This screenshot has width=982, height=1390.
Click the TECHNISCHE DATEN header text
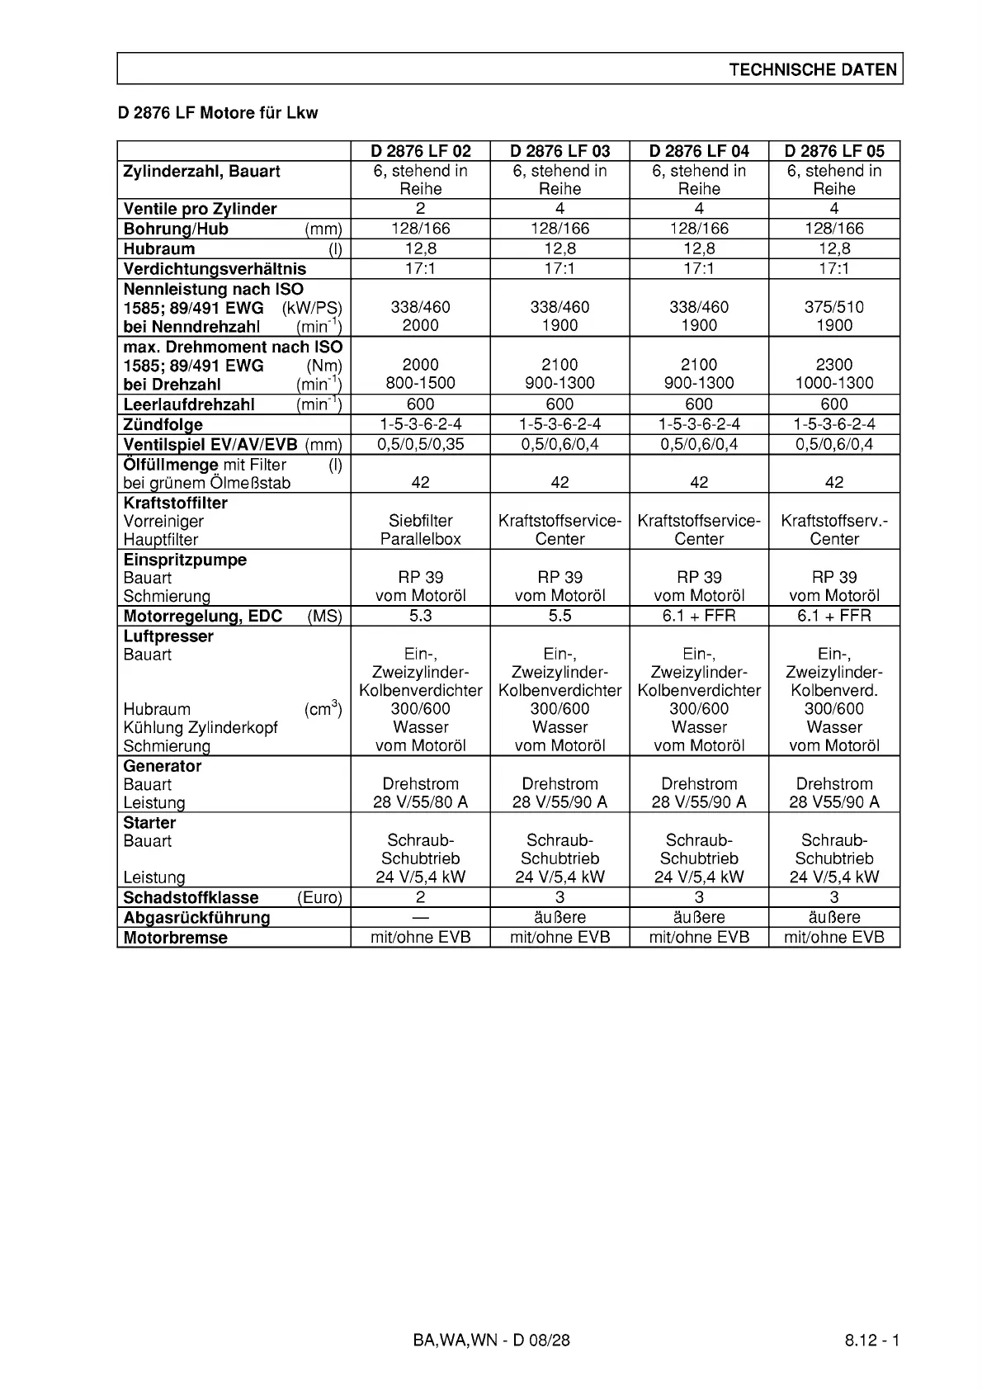(812, 70)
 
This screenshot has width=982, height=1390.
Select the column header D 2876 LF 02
(420, 151)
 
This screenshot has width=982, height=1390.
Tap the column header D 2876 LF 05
(833, 151)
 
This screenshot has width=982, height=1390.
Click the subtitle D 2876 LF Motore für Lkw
(218, 113)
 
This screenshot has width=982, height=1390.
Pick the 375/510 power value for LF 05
(833, 307)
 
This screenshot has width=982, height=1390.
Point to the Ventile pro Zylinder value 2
(420, 209)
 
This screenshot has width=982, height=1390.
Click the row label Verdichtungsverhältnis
(215, 269)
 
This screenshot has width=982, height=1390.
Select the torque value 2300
(833, 365)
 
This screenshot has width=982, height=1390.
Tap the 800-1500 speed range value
(420, 383)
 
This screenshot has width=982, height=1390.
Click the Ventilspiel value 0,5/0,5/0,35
(420, 444)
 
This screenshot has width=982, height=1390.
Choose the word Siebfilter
(420, 521)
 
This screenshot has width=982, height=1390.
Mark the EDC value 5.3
(420, 616)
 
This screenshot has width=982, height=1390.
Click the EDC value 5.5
(559, 616)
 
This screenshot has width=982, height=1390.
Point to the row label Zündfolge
(163, 425)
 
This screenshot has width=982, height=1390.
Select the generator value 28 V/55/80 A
(420, 802)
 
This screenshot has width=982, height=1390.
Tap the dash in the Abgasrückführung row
(420, 917)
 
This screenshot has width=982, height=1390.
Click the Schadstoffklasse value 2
(420, 897)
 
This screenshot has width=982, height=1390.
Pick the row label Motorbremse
(175, 938)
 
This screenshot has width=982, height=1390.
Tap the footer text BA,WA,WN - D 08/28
(491, 1340)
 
